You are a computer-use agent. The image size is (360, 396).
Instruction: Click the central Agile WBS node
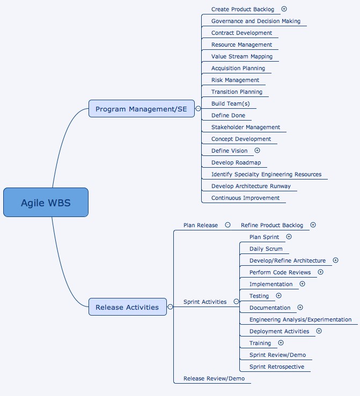point(46,203)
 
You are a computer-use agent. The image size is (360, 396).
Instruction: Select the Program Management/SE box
point(141,109)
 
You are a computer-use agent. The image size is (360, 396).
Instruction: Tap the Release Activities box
point(127,307)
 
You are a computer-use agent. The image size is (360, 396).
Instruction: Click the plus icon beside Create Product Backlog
point(284,9)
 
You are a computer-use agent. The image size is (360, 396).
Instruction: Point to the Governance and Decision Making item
point(255,21)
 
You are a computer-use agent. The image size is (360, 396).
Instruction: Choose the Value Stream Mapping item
point(241,56)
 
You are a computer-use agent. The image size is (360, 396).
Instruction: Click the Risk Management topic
point(235,80)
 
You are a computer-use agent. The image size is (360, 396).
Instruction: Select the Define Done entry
point(228,115)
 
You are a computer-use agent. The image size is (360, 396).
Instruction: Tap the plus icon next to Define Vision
point(258,151)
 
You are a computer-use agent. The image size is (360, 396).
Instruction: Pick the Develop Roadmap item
point(236,162)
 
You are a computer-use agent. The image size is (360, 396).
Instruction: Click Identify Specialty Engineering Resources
point(266,174)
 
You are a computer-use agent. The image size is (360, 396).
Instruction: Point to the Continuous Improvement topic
point(245,198)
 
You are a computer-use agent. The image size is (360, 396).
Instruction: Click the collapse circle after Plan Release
point(228,225)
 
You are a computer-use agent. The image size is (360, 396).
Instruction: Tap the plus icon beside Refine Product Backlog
point(313,225)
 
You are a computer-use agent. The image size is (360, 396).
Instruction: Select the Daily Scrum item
point(266,249)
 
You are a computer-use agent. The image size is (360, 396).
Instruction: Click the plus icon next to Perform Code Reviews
point(321,272)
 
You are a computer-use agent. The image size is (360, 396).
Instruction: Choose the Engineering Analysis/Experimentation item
point(300,319)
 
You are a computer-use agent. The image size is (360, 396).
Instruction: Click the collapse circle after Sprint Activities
point(236,302)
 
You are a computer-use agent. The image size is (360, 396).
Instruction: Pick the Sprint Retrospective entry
point(276,367)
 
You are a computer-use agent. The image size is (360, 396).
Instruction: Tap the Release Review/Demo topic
point(214,378)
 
